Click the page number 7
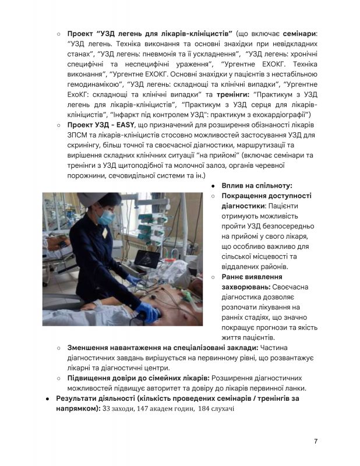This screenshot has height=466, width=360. [x=315, y=441]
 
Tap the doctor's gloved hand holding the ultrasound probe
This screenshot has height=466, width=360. [x=135, y=281]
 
